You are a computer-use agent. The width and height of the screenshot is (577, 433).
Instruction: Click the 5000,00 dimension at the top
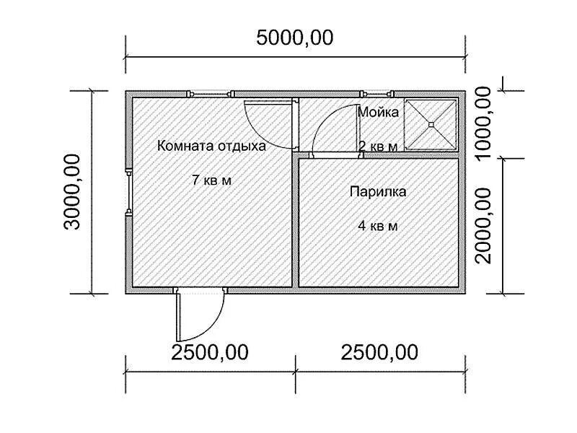click(x=295, y=38)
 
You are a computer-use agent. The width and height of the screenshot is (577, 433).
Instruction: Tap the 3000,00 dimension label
click(x=71, y=192)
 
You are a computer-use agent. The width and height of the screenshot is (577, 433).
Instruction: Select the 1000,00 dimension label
click(x=483, y=123)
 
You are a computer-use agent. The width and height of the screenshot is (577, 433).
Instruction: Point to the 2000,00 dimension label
click(x=483, y=226)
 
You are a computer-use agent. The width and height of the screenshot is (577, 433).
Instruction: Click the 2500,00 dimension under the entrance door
click(x=210, y=352)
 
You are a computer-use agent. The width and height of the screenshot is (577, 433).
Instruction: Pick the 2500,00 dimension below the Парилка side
click(x=379, y=352)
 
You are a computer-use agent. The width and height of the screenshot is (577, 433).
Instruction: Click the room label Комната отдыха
click(x=211, y=146)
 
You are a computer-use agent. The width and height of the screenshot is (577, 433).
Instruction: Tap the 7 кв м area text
click(x=211, y=180)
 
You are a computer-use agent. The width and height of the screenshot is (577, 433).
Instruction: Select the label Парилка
click(x=378, y=192)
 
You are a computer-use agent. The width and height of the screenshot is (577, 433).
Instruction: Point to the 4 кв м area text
click(x=378, y=226)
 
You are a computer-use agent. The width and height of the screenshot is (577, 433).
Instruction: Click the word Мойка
click(x=378, y=112)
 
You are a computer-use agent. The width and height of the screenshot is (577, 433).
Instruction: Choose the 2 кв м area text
click(x=378, y=146)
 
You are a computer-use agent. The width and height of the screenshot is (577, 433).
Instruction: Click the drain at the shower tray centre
click(x=431, y=124)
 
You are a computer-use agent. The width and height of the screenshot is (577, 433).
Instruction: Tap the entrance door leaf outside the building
click(x=178, y=315)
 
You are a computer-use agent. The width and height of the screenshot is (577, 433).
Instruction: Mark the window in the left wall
click(x=128, y=192)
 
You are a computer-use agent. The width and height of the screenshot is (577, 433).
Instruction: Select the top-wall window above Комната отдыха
click(x=211, y=94)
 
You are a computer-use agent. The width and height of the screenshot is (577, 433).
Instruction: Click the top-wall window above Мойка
click(x=376, y=94)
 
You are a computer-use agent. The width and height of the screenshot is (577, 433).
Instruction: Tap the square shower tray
click(x=431, y=124)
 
